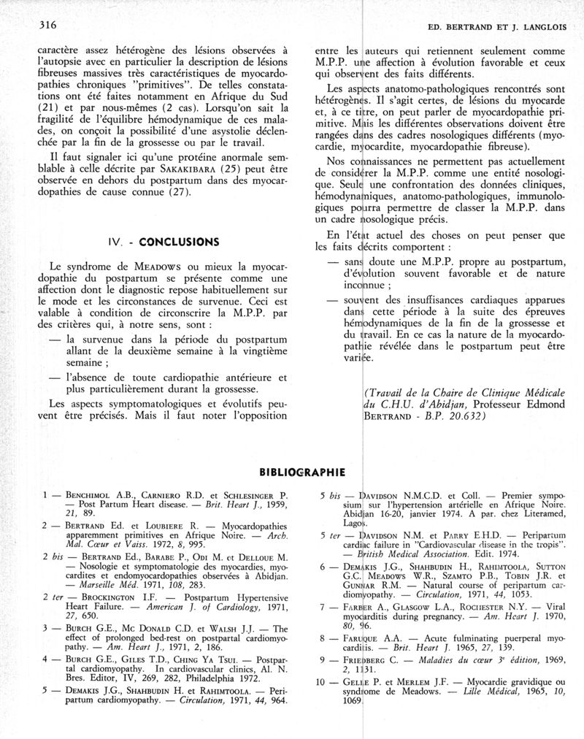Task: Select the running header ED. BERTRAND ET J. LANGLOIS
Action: click(496, 27)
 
